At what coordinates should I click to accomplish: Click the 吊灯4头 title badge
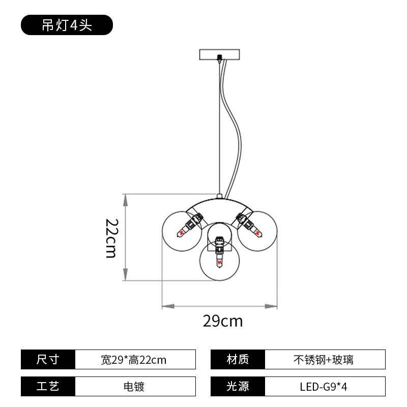click(x=67, y=25)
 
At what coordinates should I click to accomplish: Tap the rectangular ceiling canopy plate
click(x=219, y=54)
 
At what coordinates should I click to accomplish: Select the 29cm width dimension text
click(x=223, y=321)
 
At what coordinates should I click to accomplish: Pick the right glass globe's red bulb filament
click(x=257, y=233)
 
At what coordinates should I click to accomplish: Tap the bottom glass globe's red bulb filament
click(x=220, y=261)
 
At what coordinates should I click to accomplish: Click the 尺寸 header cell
click(x=48, y=360)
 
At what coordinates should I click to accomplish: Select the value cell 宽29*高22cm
click(x=135, y=360)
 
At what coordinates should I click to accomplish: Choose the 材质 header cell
click(x=238, y=360)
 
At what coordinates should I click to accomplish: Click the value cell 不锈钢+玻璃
click(x=325, y=360)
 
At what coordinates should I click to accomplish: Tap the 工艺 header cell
click(x=48, y=386)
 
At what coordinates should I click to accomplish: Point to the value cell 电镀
click(x=135, y=386)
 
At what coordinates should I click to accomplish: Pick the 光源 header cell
click(x=238, y=386)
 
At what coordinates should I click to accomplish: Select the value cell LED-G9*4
click(x=325, y=386)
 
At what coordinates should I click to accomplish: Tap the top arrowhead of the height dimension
click(x=125, y=200)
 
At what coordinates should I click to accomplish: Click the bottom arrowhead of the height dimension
click(x=125, y=275)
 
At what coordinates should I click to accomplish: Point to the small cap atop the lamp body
click(x=220, y=196)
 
